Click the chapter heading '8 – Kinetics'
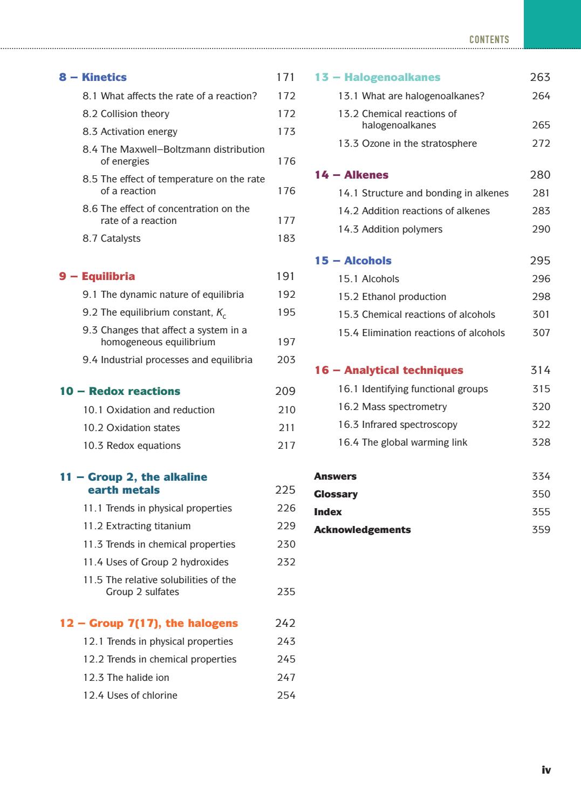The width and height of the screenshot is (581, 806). tap(93, 77)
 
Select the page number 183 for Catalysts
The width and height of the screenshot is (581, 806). tap(286, 238)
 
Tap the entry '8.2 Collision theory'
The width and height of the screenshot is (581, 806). tap(126, 114)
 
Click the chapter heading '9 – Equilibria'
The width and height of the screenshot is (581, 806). tap(97, 276)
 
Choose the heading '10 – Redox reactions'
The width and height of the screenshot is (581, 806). tap(120, 391)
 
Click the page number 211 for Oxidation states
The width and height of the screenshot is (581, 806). tap(286, 428)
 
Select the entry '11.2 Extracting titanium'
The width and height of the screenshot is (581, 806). tap(136, 526)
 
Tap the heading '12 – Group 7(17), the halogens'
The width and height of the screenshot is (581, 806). tap(148, 623)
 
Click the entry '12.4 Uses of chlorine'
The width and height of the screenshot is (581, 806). tap(130, 695)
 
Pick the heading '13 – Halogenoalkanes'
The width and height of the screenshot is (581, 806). tap(377, 77)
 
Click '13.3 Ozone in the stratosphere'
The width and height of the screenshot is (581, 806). tap(407, 144)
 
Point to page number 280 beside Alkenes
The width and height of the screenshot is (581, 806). tap(540, 175)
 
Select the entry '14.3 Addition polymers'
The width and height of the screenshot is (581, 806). tap(390, 229)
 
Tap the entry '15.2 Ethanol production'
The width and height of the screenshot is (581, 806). tap(392, 297)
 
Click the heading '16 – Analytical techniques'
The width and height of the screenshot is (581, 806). tap(388, 370)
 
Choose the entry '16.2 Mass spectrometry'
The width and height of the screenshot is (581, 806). tap(392, 407)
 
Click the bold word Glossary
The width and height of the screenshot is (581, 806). tap(336, 494)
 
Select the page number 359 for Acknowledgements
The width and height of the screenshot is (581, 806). tap(541, 530)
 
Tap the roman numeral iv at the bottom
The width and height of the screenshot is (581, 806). tap(546, 770)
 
